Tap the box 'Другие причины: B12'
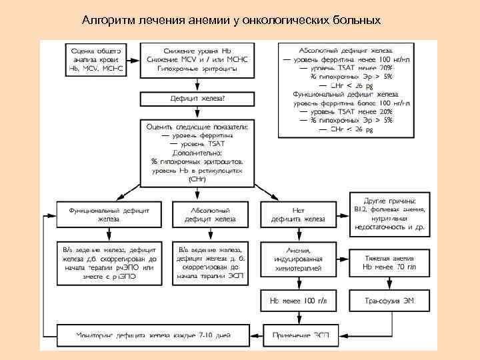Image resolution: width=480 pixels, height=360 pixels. (x=390, y=213)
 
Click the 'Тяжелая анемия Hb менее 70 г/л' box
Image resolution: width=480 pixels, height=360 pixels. (x=390, y=261)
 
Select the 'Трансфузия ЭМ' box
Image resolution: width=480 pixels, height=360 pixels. (x=390, y=301)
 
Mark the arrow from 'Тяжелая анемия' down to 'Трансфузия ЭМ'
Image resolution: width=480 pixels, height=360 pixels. (x=390, y=282)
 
